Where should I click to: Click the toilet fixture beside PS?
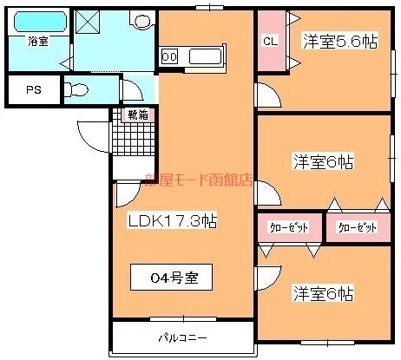point(76,88)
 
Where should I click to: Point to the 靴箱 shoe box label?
point(136,114)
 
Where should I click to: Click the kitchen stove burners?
point(170,57)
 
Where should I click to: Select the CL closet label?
point(270,41)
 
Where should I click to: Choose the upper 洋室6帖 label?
point(322,160)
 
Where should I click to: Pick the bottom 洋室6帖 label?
point(322,292)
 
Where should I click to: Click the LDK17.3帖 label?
point(171,222)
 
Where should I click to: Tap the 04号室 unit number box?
point(170,278)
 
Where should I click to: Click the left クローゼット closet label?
point(289,228)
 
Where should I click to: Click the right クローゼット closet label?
point(357,228)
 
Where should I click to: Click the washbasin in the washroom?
point(141,19)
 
